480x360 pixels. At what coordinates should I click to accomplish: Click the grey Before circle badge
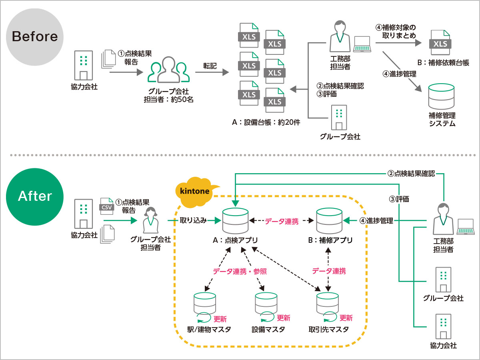(x=35, y=36)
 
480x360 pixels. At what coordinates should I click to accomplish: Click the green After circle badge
(x=35, y=196)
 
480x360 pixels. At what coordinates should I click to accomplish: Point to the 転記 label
(x=210, y=66)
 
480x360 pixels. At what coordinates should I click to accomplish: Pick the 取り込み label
(x=193, y=220)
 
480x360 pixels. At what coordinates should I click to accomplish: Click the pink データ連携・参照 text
(x=240, y=271)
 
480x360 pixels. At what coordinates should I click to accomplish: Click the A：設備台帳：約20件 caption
(x=266, y=123)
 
